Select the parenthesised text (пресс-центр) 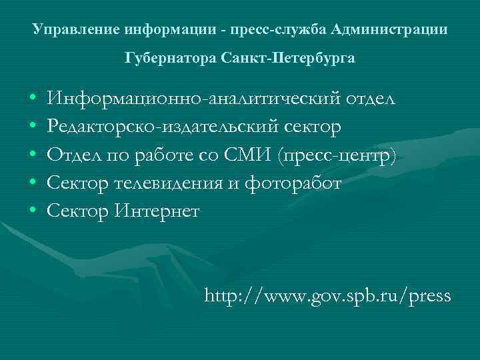[x=339, y=156]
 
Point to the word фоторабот [x=296, y=183]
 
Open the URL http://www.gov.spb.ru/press [x=328, y=295]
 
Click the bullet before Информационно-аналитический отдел [x=33, y=100]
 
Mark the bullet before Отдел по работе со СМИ [x=33, y=156]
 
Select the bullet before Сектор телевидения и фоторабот [x=33, y=184]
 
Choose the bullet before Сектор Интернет [x=33, y=212]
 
